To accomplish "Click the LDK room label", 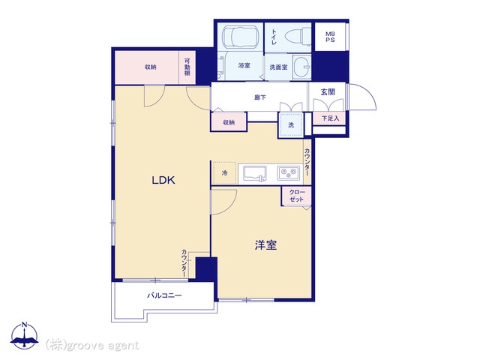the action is tap(163, 180).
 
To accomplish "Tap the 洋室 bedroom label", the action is tap(265, 245).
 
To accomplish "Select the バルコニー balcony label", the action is tap(165, 295).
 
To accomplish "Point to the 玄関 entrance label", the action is tap(328, 91).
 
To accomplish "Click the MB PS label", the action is tap(330, 37).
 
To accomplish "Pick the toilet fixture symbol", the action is tap(298, 36).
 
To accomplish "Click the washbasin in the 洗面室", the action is tap(301, 67).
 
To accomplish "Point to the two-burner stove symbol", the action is tap(288, 173).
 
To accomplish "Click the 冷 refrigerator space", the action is tap(224, 173).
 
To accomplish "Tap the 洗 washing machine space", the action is tap(291, 125).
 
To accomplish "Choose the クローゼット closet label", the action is tap(297, 196).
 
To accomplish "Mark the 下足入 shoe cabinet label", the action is tap(330, 118).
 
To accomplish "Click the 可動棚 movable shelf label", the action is tap(187, 67).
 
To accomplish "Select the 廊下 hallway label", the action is tap(260, 97).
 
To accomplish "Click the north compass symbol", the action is tap(24, 336).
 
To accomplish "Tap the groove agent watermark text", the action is tap(92, 345).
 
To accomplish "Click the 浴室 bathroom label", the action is tap(244, 65).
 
